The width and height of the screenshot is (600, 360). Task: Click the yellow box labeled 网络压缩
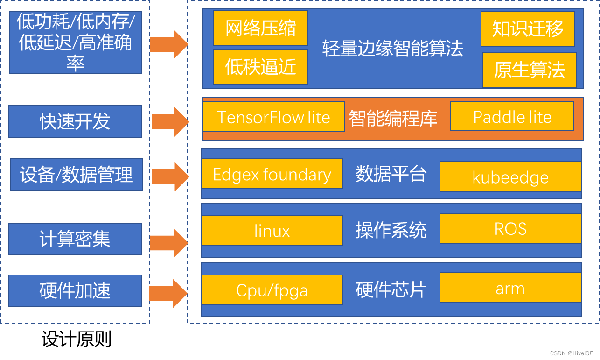[x=260, y=28]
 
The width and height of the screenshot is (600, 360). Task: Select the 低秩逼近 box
[x=260, y=67]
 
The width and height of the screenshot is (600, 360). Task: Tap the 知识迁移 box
[x=528, y=28]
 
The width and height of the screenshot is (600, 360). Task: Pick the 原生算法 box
[x=530, y=70]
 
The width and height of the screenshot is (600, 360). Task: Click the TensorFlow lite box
[x=274, y=117]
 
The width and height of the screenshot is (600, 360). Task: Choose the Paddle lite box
[x=512, y=116]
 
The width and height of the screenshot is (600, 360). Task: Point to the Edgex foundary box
[x=272, y=174]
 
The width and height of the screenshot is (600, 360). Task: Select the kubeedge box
[x=510, y=176]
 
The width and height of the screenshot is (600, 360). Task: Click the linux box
[x=272, y=230]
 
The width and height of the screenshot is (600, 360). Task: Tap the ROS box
[x=510, y=228]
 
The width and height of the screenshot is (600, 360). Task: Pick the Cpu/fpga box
[x=272, y=290]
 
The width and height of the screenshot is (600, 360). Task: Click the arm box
[x=510, y=288]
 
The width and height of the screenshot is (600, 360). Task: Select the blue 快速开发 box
[x=75, y=121]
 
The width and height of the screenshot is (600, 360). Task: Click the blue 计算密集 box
[x=75, y=239]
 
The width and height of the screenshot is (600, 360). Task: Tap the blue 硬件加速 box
[x=75, y=290]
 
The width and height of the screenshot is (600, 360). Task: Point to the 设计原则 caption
[x=77, y=339]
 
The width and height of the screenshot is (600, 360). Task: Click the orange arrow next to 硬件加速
[x=168, y=294]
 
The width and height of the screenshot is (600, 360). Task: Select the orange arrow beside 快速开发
[x=170, y=122]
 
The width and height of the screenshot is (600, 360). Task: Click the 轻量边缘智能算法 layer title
[x=393, y=49]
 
